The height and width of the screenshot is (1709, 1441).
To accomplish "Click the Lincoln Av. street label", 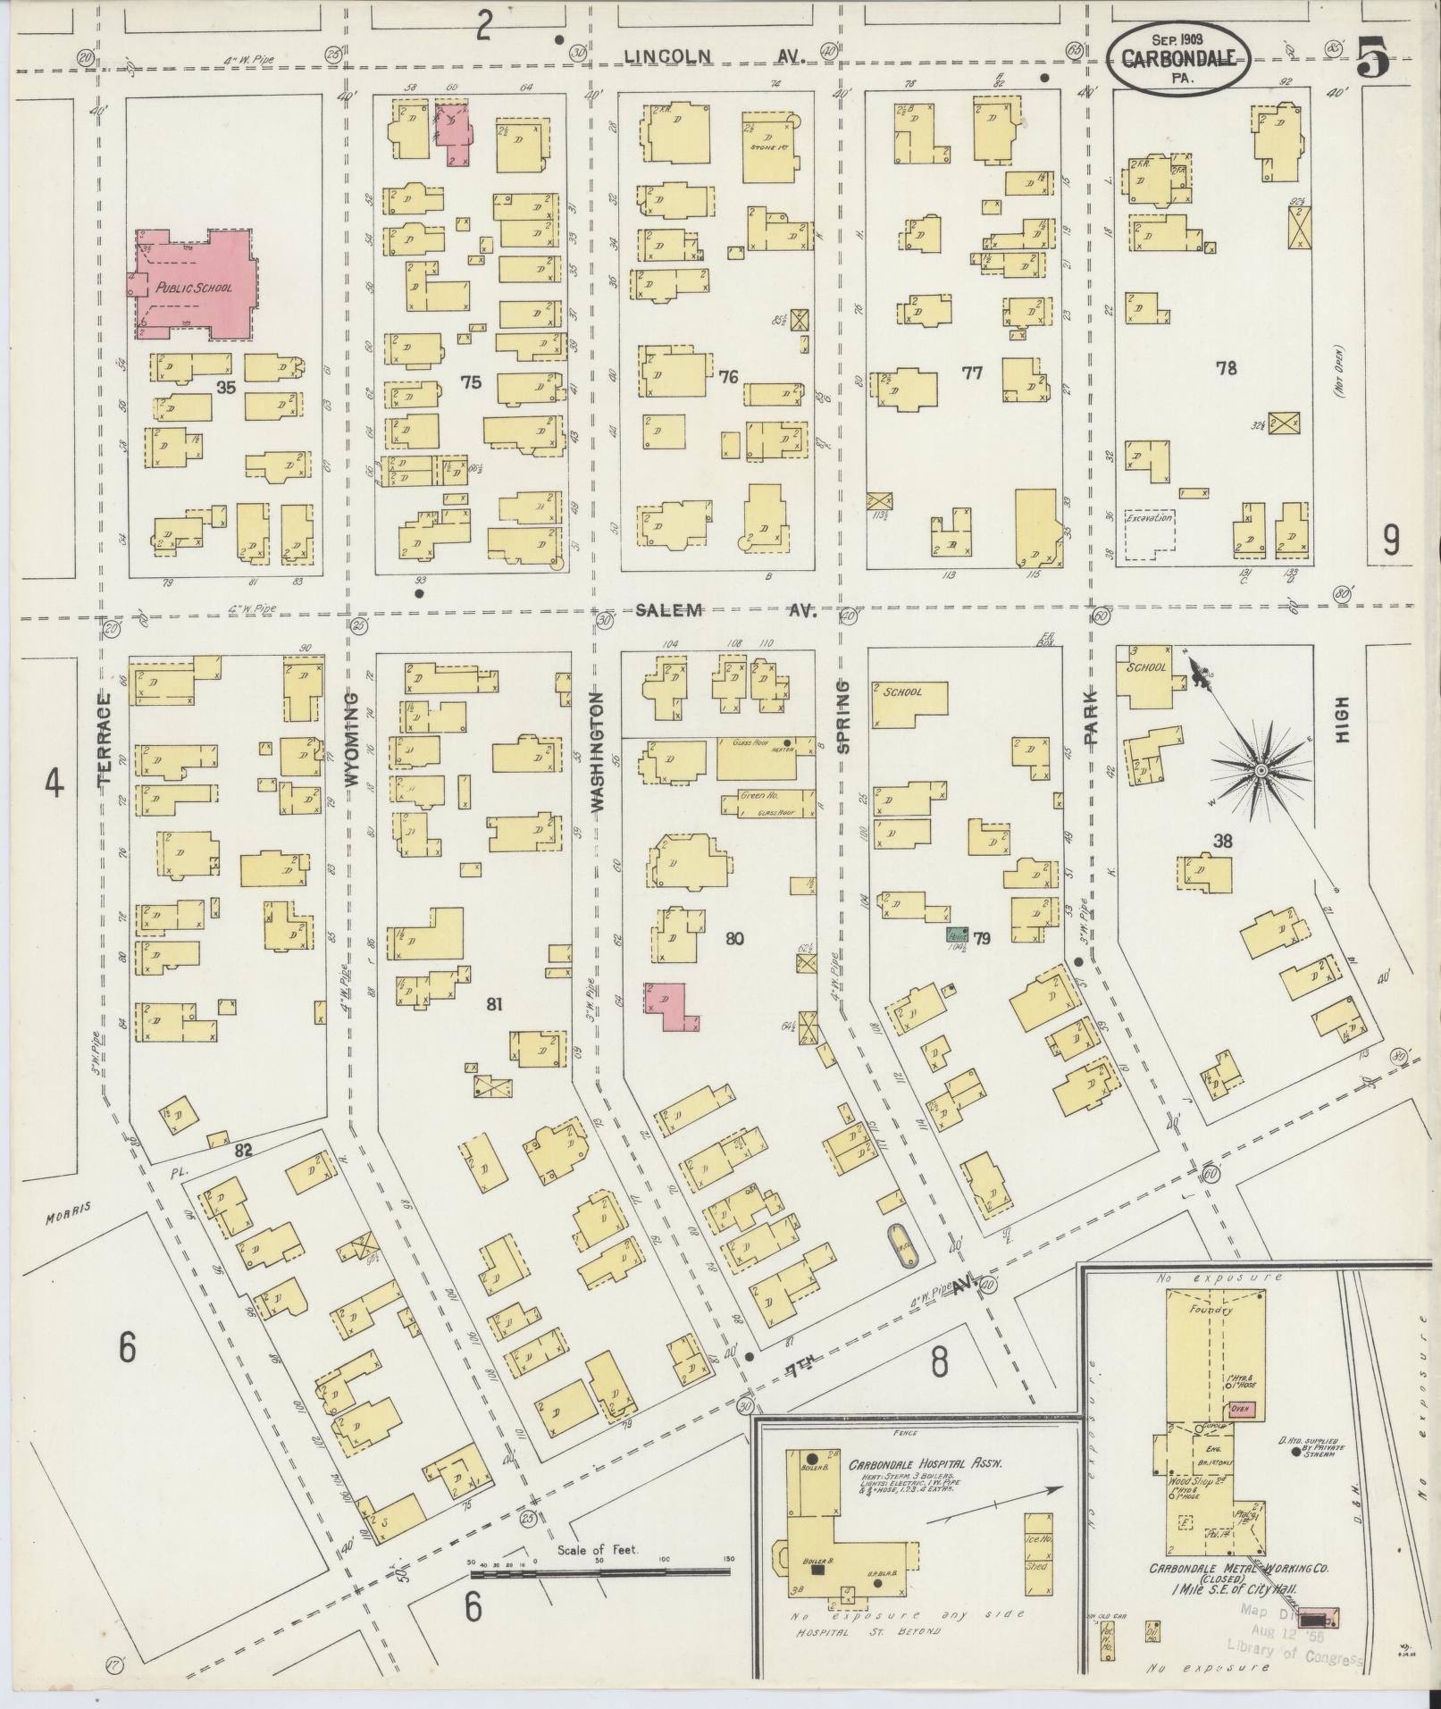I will coord(715,55).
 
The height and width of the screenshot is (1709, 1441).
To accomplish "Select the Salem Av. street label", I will coord(728,610).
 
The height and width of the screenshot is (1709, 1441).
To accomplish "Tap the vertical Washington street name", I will coord(598,750).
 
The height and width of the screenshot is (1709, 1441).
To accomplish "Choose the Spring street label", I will coord(842,716).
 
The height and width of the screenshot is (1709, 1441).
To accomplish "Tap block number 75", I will coord(471,382).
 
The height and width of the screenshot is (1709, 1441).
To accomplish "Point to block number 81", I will coord(494,1004).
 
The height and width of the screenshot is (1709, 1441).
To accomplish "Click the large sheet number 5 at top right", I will coord(1373,60).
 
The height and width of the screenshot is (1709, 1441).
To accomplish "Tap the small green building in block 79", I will coord(957,935).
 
